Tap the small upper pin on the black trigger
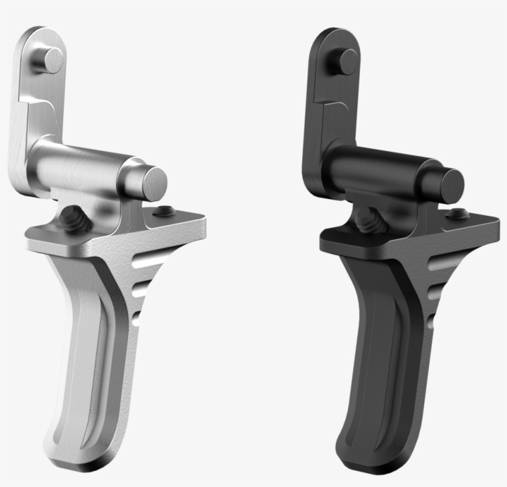tap(346, 62)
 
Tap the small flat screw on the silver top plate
tap(164, 211)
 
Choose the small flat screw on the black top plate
tap(458, 213)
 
